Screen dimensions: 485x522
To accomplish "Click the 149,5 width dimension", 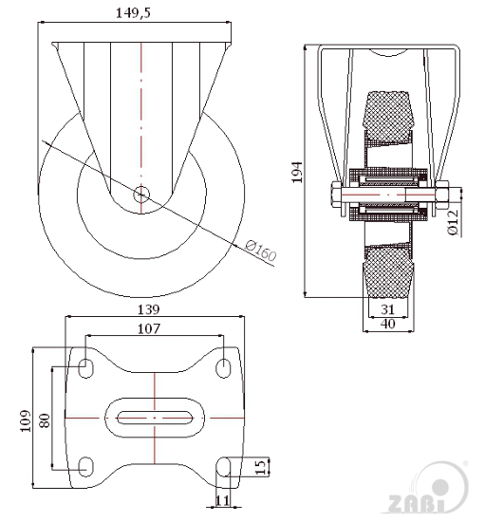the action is tap(133, 13).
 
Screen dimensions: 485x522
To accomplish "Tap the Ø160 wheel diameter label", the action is tap(261, 251).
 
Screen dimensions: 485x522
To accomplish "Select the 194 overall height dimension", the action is tap(297, 172).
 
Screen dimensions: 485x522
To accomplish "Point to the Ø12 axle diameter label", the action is tap(454, 222).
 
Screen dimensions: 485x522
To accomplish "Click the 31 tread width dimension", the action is tap(388, 309).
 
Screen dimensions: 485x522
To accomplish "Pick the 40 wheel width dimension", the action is tap(388, 324).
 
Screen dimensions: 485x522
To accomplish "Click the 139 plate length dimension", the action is tap(148, 309).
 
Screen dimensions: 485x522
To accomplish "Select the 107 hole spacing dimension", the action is tap(149, 328).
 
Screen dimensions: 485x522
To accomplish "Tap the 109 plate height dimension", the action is tap(26, 420).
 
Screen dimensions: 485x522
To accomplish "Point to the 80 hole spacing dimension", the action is tap(45, 420).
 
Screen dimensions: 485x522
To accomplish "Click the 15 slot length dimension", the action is tap(262, 467).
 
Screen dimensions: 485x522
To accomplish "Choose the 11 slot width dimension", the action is tap(223, 500).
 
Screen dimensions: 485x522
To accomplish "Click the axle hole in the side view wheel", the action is tap(141, 195).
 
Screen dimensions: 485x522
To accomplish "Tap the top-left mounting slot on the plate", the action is tap(85, 368).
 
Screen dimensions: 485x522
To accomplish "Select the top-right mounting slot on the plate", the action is tap(223, 368).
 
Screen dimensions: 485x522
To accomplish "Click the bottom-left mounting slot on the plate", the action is tap(85, 467).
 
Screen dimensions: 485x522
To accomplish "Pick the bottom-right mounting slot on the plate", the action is tap(223, 467).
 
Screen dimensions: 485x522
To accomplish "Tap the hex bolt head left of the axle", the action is tap(336, 195).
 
